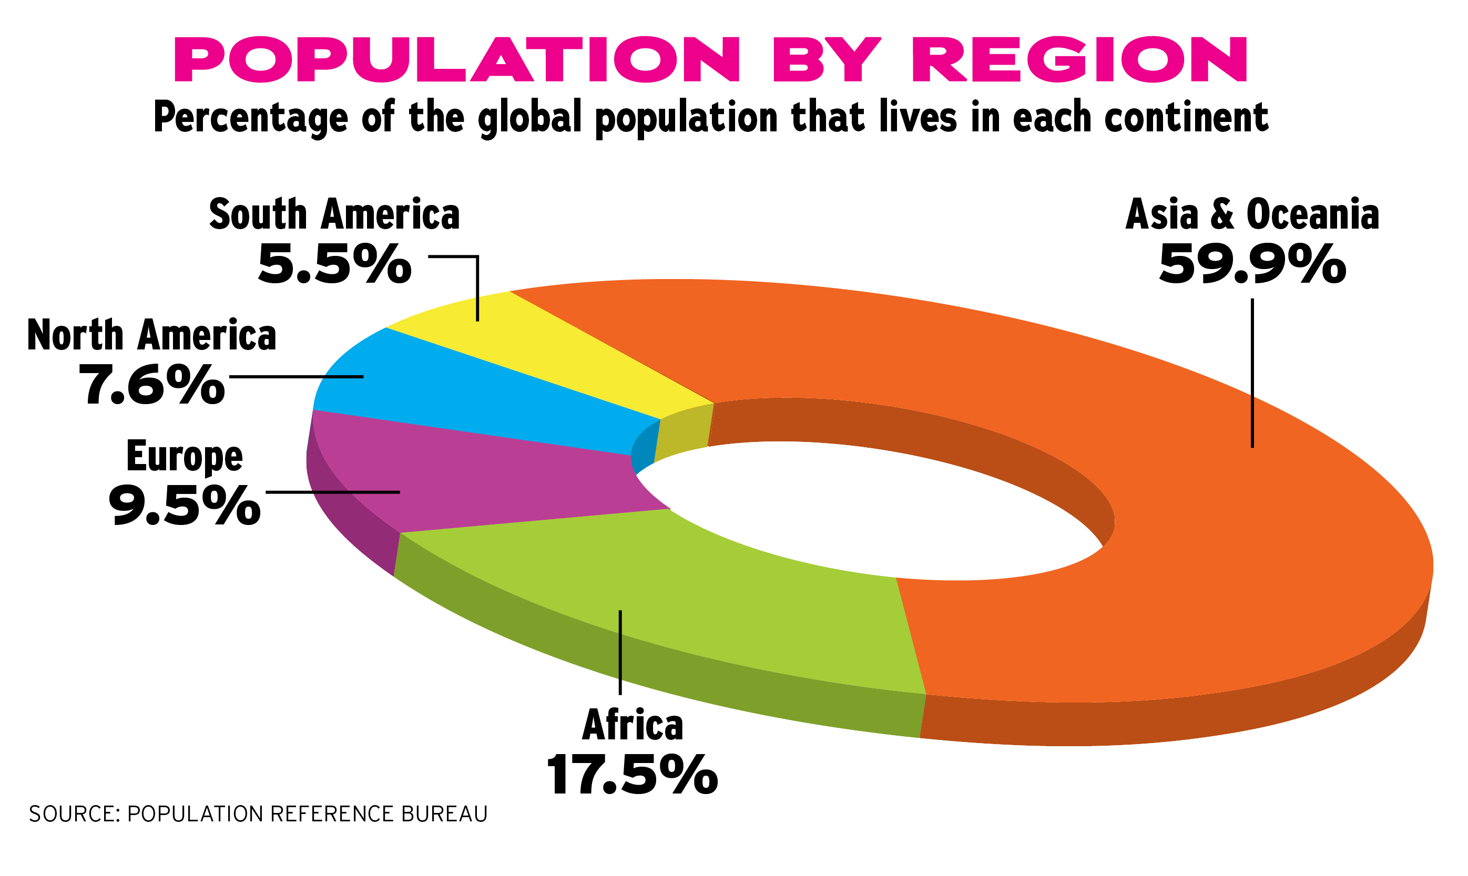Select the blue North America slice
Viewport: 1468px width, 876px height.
pos(472,401)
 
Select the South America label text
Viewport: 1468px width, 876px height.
pos(334,215)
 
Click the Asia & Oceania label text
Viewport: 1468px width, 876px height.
pos(1252,215)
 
